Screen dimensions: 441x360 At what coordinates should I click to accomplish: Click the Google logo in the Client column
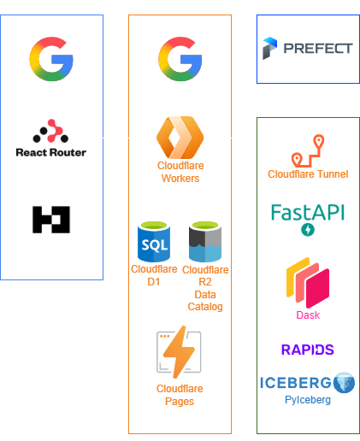point(52,59)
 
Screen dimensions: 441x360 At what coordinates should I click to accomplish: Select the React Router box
point(52,138)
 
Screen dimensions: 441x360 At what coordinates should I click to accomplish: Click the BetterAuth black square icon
point(52,219)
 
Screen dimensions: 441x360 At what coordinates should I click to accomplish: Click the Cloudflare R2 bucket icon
point(205,241)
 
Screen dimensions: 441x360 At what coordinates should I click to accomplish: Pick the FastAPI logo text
point(308,212)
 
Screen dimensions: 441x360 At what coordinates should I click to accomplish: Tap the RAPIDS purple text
point(308,350)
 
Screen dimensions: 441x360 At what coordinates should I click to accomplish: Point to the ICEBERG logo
point(308,382)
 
